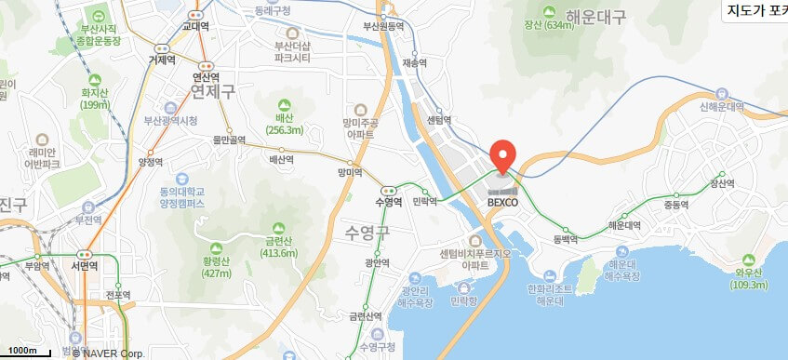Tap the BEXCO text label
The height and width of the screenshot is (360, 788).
pos(502,201)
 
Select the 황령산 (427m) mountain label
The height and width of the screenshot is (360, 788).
pos(216,267)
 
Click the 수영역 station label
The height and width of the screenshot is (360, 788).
pos(387,202)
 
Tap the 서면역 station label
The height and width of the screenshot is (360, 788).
pos(87,264)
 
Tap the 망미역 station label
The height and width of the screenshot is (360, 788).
pos(350,172)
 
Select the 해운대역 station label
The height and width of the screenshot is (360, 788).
pos(623,224)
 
